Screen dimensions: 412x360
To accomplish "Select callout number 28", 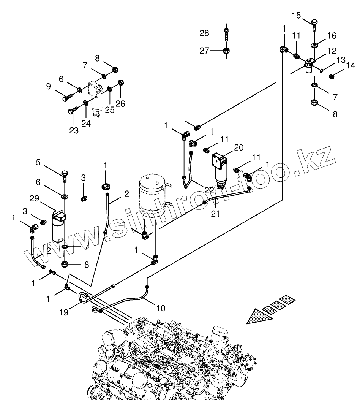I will click(204, 33).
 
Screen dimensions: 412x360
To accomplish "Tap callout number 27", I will click(204, 51).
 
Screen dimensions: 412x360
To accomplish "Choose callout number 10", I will click(161, 308).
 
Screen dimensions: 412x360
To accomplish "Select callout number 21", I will click(215, 214).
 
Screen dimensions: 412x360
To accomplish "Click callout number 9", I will click(49, 87).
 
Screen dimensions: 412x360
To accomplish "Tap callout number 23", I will click(74, 130).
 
